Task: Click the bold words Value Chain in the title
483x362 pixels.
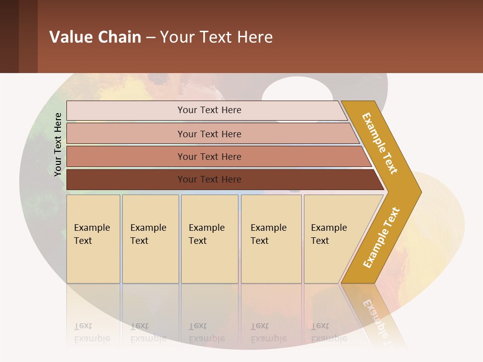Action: coord(95,37)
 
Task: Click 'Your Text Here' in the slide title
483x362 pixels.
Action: coord(216,37)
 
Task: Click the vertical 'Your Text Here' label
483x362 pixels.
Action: coord(58,144)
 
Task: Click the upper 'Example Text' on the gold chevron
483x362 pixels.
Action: coord(380,143)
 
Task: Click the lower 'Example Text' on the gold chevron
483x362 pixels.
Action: coord(381,238)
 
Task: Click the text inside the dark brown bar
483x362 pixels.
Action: coord(209,179)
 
